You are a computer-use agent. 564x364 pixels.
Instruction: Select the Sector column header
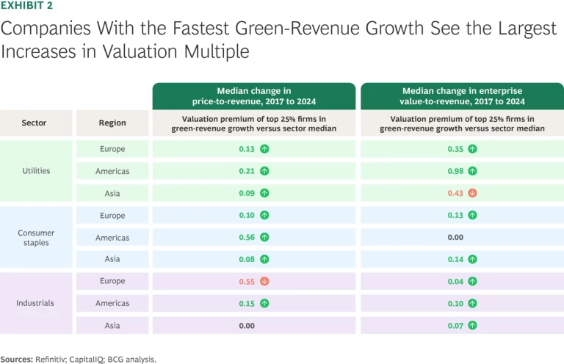click(35, 123)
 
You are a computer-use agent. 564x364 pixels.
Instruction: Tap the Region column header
click(112, 123)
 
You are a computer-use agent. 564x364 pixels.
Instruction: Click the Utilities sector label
click(36, 171)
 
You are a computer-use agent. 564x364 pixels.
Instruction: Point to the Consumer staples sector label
click(36, 238)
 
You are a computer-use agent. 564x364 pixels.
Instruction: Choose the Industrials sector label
click(36, 303)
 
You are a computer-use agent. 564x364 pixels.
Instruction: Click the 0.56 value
click(247, 238)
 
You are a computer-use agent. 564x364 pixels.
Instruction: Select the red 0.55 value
click(247, 281)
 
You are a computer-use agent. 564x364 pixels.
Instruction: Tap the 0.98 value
click(456, 171)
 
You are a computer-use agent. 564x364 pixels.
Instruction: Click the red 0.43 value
click(456, 193)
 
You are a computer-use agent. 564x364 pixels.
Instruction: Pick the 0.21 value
click(247, 171)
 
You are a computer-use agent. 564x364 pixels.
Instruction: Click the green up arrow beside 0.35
click(473, 149)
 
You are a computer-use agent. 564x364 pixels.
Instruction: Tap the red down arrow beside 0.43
click(473, 193)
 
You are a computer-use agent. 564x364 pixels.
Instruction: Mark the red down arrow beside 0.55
click(264, 281)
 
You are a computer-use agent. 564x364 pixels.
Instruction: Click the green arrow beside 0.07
click(473, 325)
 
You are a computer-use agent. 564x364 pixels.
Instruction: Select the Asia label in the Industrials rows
click(112, 325)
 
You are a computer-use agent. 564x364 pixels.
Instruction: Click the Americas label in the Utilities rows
click(112, 171)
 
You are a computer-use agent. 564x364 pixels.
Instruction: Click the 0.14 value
click(456, 259)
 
